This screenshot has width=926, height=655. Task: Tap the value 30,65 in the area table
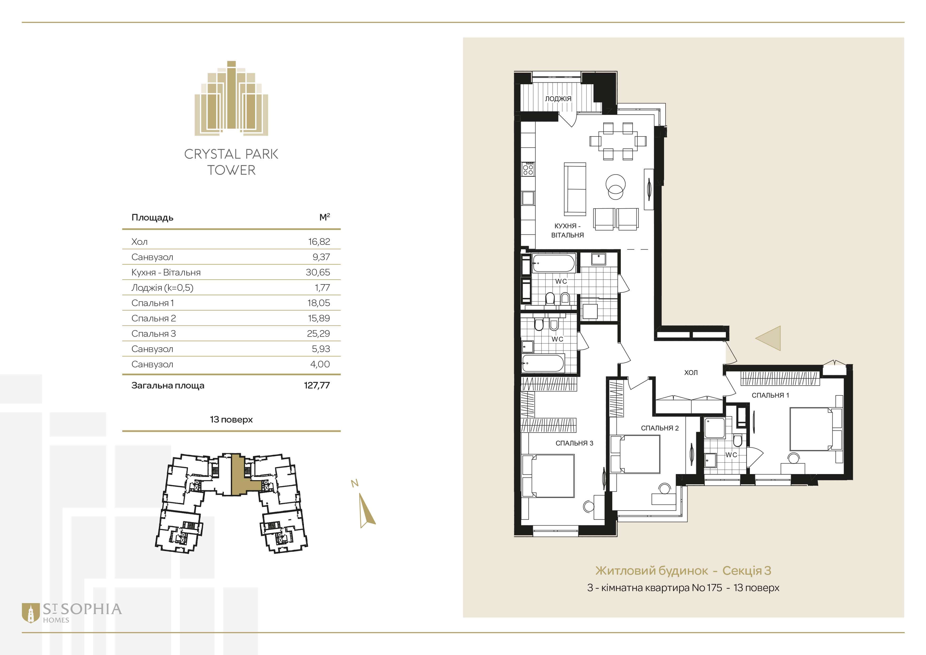pos(318,272)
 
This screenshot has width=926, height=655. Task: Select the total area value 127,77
pos(317,385)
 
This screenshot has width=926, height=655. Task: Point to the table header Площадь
pos(152,218)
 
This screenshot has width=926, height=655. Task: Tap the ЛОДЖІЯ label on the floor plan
pos(558,99)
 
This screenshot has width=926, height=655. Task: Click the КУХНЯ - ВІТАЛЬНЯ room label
pos(567,231)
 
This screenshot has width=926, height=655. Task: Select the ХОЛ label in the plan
pos(691,373)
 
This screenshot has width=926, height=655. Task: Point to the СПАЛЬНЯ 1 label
pos(770,395)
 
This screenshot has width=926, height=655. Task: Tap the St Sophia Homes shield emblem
pos(31,613)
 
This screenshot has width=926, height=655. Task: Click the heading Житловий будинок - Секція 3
pos(683,571)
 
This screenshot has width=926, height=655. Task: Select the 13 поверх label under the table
pos(231,419)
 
